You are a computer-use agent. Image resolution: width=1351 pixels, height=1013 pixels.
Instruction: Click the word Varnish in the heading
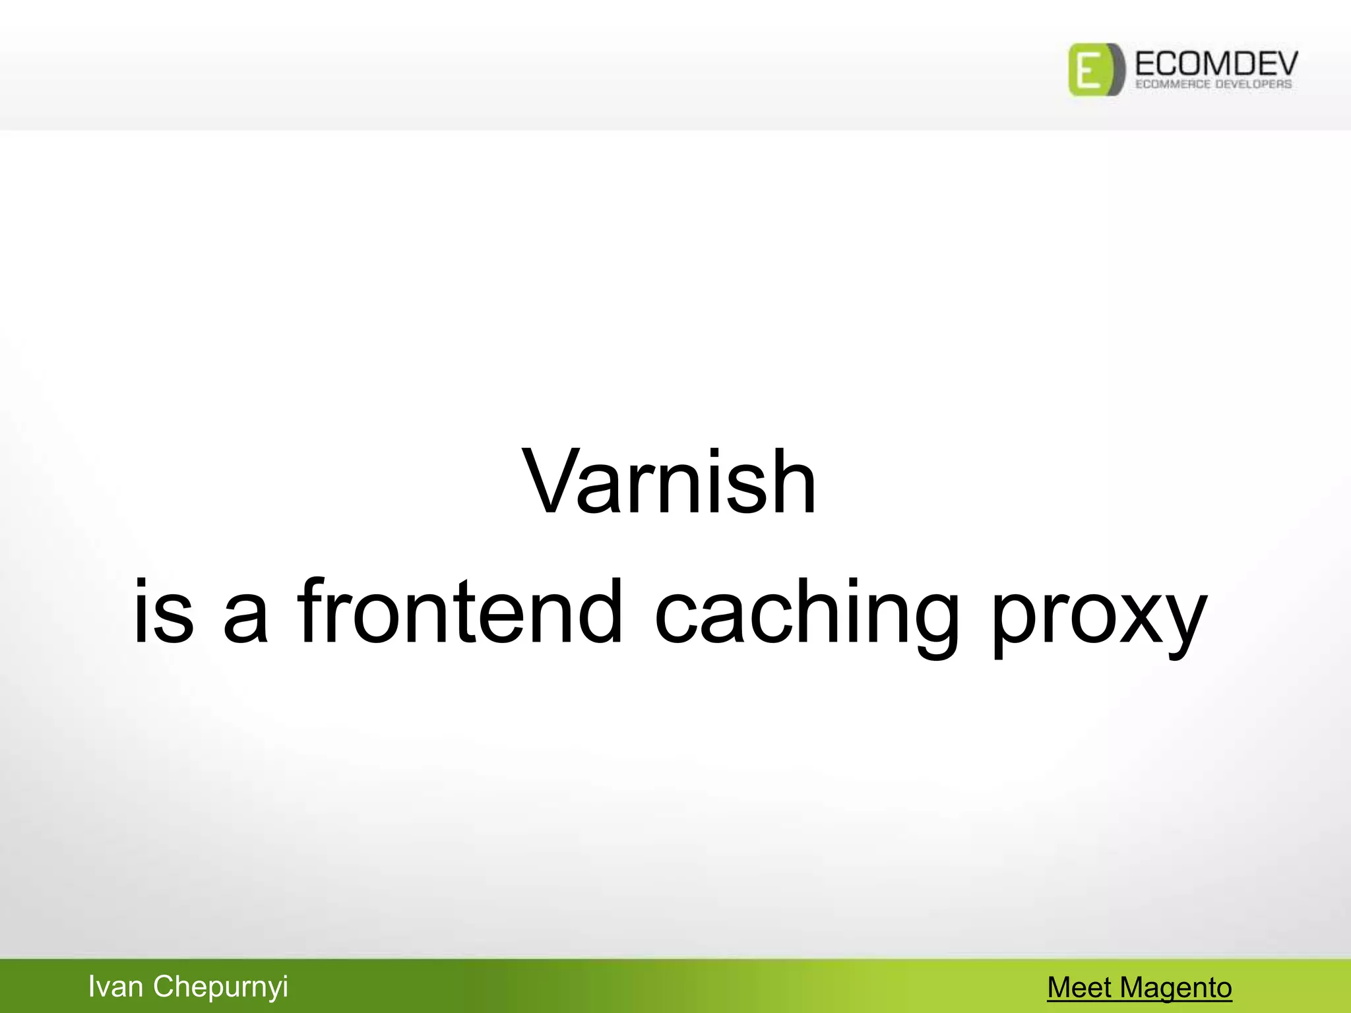pyautogui.click(x=669, y=481)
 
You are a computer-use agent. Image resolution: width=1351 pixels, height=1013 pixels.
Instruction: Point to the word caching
pyautogui.click(x=806, y=613)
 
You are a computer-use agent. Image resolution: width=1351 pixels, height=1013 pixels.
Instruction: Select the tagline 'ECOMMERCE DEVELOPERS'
pyautogui.click(x=1213, y=84)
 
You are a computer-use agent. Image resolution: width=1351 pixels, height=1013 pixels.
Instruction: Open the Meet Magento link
pyautogui.click(x=1139, y=988)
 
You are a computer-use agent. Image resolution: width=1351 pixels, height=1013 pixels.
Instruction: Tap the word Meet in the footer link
pyautogui.click(x=1079, y=988)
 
